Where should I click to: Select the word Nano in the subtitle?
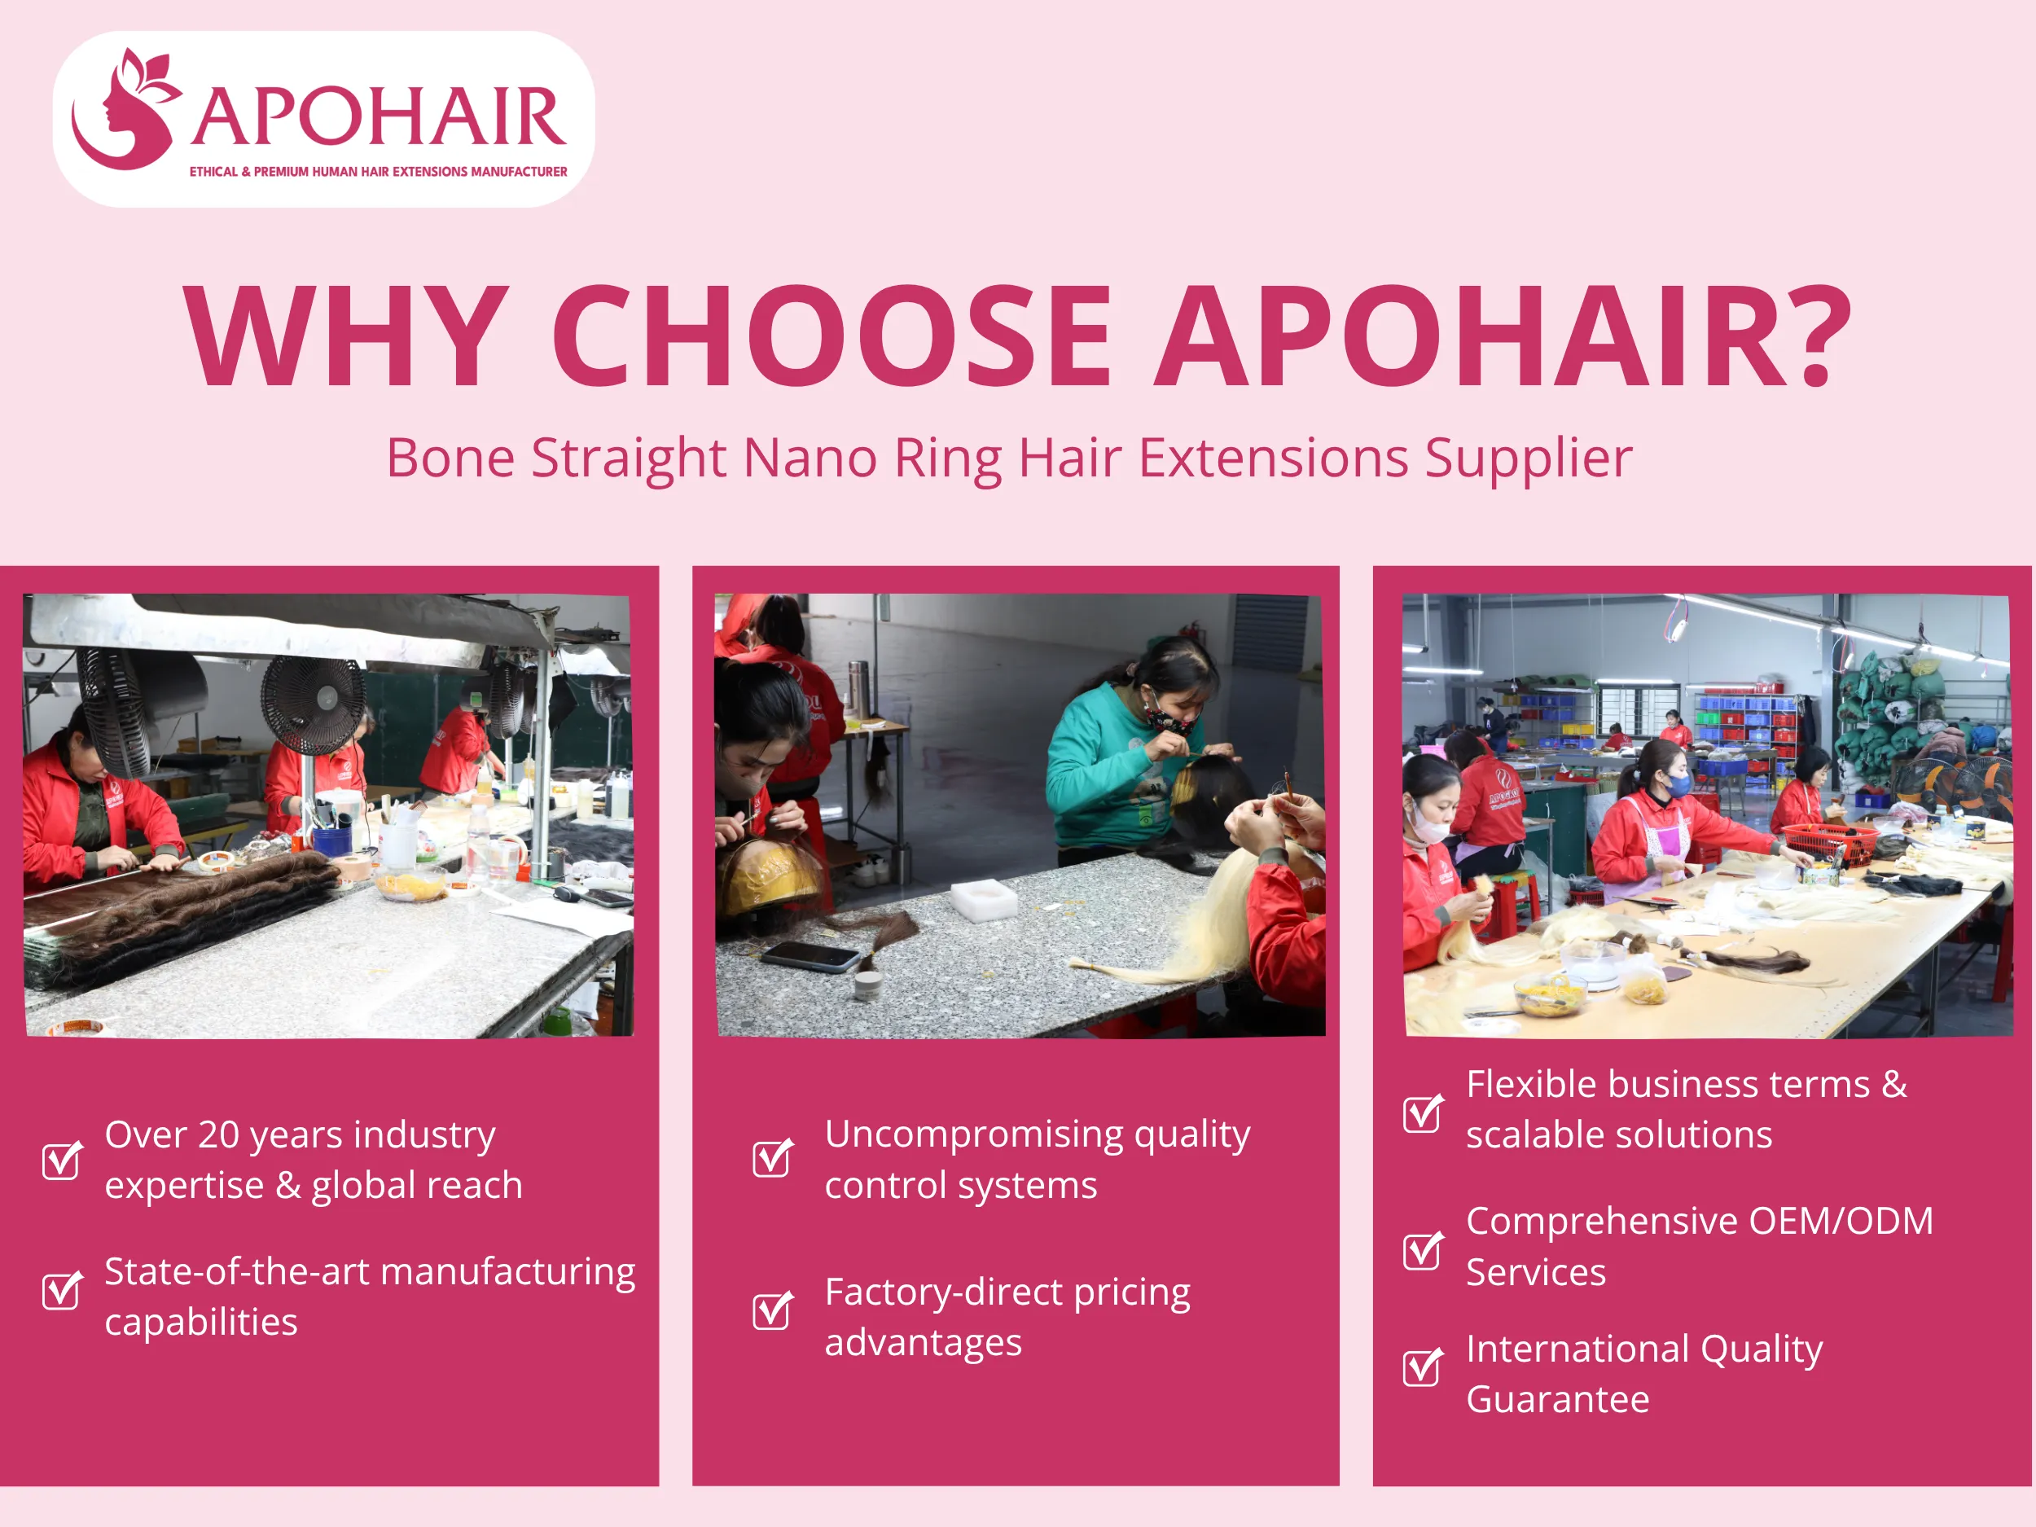pos(809,458)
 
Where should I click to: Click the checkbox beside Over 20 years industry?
pos(62,1160)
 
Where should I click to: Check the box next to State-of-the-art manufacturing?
pos(62,1291)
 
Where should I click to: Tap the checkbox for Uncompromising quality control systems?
pos(771,1158)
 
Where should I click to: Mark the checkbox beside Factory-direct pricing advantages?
pos(771,1310)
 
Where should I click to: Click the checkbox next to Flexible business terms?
pos(1422,1114)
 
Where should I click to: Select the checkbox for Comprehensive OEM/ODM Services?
pos(1422,1250)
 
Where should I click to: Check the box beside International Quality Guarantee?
pos(1422,1367)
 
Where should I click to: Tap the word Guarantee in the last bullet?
pos(1557,1400)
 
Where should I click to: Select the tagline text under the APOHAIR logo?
pos(379,172)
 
